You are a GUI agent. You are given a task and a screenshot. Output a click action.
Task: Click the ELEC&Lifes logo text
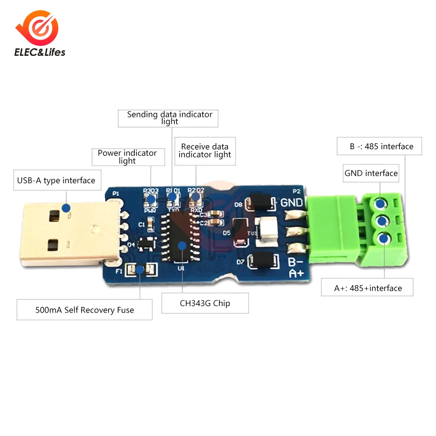coord(40,52)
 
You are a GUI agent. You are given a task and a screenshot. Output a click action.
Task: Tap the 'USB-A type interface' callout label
coord(56,180)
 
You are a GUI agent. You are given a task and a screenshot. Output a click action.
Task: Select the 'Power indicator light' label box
coord(127,157)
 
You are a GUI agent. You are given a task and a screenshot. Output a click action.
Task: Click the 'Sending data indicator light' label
coord(170,118)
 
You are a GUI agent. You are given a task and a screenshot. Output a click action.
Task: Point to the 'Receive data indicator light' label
coord(205,150)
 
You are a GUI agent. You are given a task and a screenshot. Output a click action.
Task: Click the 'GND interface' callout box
coord(371,173)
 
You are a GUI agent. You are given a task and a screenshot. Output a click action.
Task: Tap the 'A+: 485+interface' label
coord(368,288)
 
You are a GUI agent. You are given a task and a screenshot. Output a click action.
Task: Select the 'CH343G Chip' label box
coord(205,303)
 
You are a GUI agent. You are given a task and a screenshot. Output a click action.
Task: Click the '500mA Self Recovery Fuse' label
coord(85,310)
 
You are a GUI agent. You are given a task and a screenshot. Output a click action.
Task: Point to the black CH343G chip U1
coord(180,238)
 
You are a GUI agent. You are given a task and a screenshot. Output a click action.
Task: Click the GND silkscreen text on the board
coord(292,203)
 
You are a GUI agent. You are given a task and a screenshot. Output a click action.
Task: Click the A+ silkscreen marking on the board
coord(296,274)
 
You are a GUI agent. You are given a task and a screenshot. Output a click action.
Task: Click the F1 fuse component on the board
coord(139,270)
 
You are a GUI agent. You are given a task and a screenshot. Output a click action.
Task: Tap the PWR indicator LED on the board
coord(151,199)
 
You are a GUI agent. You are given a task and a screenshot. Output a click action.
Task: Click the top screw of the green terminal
coord(381,204)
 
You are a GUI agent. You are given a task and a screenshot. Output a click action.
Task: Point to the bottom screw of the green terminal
coord(384,238)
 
